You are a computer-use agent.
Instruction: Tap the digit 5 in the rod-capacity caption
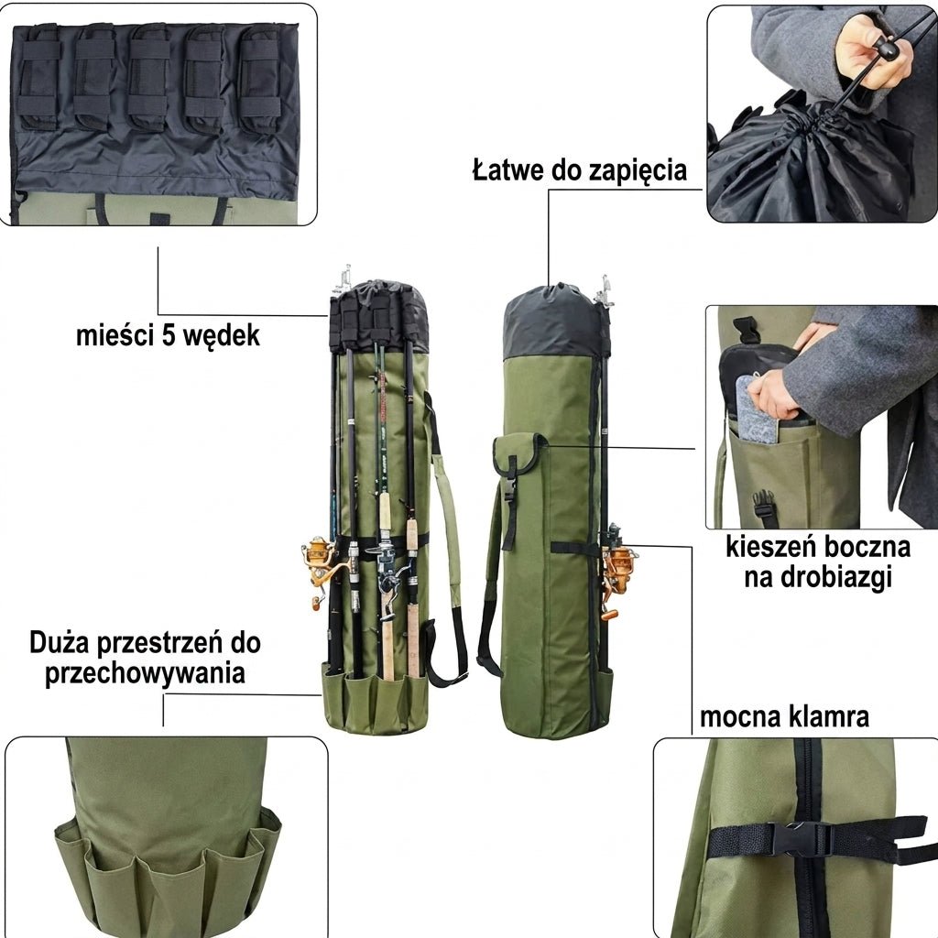pyautogui.click(x=169, y=335)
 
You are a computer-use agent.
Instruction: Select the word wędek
pyautogui.click(x=222, y=336)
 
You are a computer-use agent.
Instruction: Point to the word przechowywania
pyautogui.click(x=145, y=673)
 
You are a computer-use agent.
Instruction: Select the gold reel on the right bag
pyautogui.click(x=618, y=568)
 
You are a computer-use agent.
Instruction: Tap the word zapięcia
pyautogui.click(x=638, y=171)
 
